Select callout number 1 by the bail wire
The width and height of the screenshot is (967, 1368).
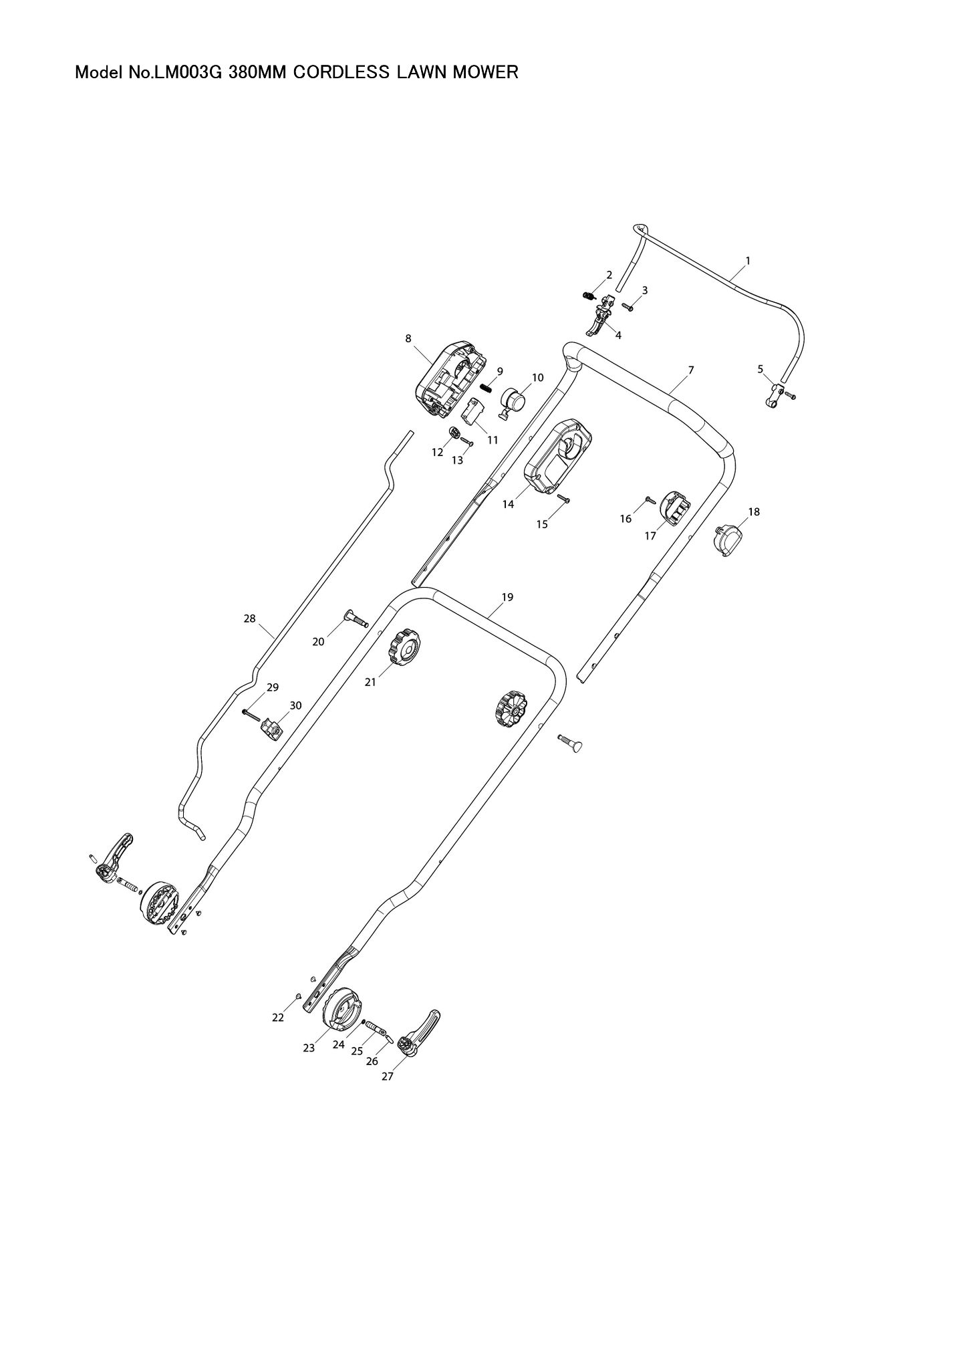748,260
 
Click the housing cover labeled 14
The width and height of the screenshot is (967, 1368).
559,457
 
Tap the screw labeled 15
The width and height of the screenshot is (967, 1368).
563,499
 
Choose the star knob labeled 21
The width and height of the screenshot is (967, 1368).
404,647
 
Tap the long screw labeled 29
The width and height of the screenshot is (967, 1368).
251,715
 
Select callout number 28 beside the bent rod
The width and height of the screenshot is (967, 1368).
249,619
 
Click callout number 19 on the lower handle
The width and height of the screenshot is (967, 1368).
507,597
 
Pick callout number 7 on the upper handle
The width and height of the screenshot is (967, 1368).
691,370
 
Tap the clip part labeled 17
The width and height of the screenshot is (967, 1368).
674,508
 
